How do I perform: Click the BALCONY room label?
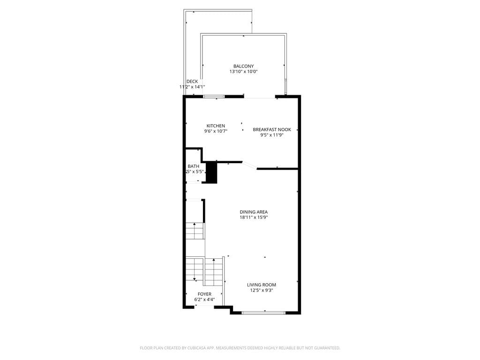click(243, 66)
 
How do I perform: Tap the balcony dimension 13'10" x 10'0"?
click(243, 72)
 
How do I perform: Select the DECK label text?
click(192, 82)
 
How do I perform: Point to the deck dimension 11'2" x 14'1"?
click(192, 87)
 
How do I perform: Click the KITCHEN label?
click(216, 126)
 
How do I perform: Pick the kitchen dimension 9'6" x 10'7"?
click(216, 131)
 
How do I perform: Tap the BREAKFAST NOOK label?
click(272, 129)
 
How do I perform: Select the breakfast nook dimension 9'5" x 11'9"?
click(272, 135)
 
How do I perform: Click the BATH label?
click(193, 166)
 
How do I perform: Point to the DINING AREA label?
click(254, 212)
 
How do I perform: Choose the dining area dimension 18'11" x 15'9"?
click(254, 217)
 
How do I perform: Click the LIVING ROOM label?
click(262, 285)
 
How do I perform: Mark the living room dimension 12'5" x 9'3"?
click(262, 290)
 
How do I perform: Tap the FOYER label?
click(204, 294)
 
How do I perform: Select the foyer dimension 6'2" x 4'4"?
click(204, 300)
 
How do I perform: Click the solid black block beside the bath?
click(212, 172)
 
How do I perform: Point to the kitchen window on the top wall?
click(214, 97)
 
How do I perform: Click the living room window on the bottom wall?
click(263, 312)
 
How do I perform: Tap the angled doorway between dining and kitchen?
click(249, 165)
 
